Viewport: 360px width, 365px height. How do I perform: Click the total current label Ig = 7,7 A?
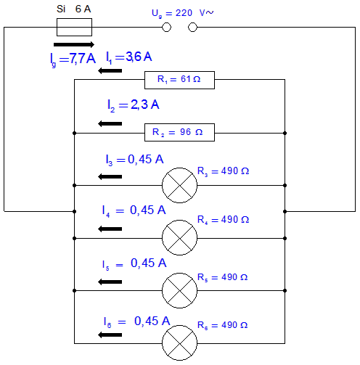[x=73, y=60]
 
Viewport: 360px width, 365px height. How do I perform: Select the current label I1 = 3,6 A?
[x=129, y=57]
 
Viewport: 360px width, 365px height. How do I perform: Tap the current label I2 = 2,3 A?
[x=134, y=105]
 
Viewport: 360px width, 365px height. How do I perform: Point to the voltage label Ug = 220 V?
[x=183, y=13]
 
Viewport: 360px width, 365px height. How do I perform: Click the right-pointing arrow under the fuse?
[x=74, y=44]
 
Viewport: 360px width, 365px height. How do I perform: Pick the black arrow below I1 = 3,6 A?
[x=110, y=71]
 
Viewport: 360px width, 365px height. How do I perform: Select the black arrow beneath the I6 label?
[x=110, y=335]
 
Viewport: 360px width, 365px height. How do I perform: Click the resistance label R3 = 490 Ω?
[x=224, y=171]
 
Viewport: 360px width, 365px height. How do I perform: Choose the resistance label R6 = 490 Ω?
[x=223, y=325]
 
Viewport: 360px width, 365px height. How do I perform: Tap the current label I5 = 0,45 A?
[x=134, y=264]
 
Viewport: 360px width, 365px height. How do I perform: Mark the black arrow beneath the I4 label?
[x=110, y=229]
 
